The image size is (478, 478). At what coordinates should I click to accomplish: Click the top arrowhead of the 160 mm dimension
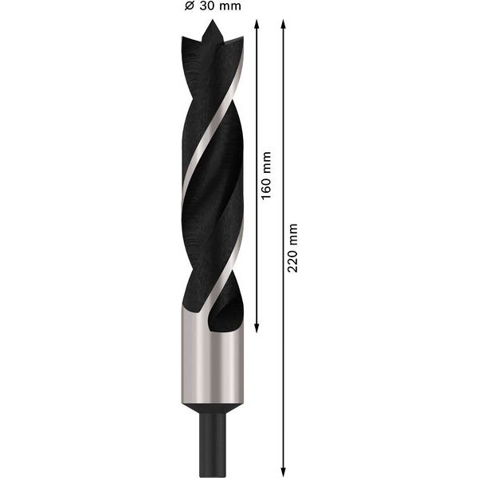point(257,24)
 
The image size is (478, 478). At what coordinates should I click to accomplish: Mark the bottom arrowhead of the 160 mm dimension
point(257,327)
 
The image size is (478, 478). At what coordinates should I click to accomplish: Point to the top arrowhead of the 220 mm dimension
point(284,24)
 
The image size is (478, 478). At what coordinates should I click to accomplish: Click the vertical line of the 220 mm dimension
point(284,358)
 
